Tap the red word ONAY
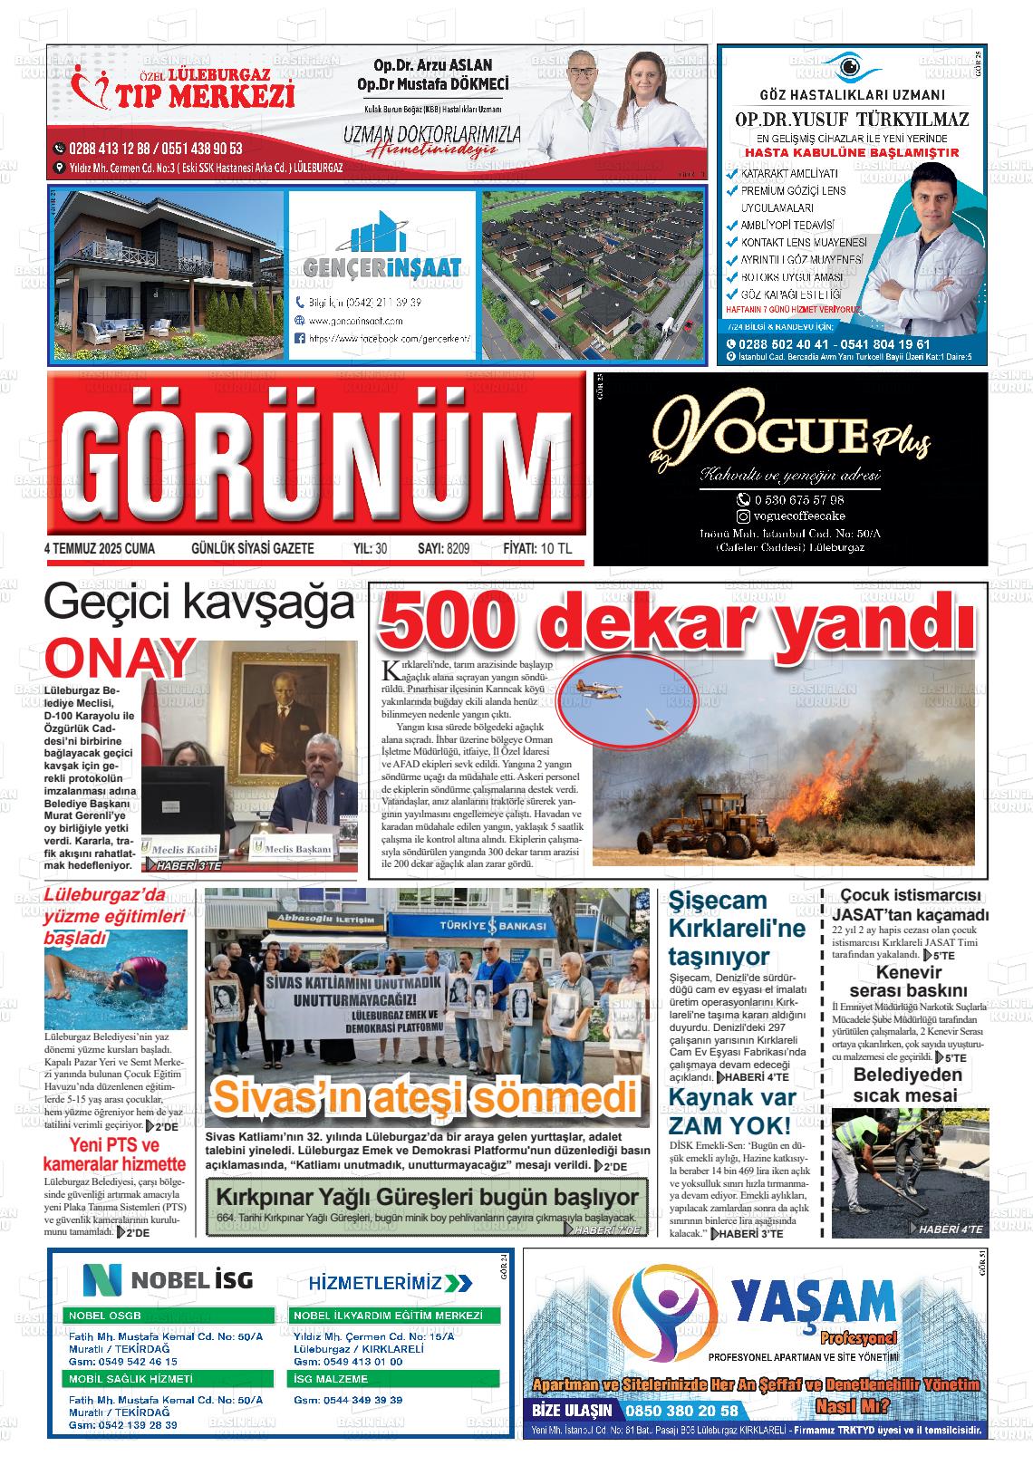120,660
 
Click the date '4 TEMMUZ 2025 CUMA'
100,549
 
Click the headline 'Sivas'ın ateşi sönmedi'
425,1097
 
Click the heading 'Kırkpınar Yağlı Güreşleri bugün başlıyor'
427,1197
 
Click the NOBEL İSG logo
169,1280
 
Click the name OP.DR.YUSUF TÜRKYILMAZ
851,120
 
